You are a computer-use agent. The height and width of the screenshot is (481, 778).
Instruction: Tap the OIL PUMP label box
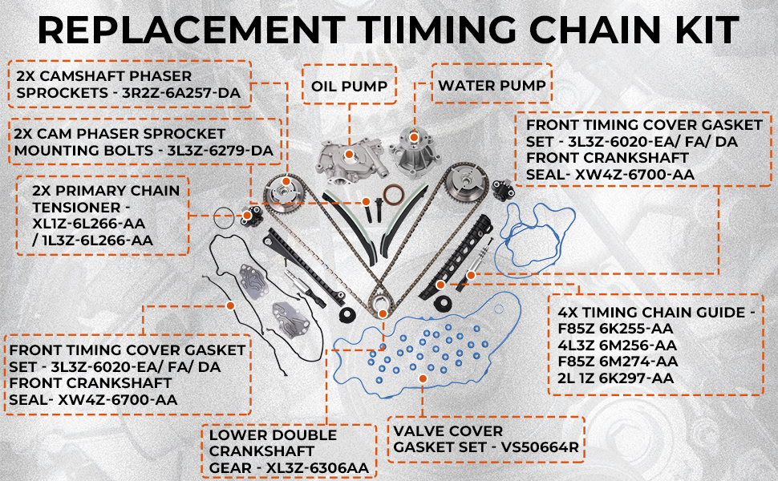pos(349,85)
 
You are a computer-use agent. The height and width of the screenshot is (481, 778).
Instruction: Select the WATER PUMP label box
pos(492,85)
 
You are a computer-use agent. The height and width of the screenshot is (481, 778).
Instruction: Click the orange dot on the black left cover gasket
pos(230,305)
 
